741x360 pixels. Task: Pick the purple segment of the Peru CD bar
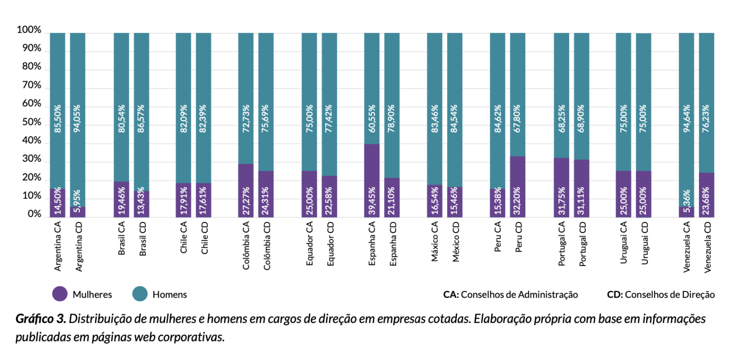point(518,186)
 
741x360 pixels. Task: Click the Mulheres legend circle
point(60,294)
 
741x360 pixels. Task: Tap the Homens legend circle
point(140,294)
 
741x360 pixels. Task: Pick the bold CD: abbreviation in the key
point(615,294)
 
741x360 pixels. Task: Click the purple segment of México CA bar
point(435,201)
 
